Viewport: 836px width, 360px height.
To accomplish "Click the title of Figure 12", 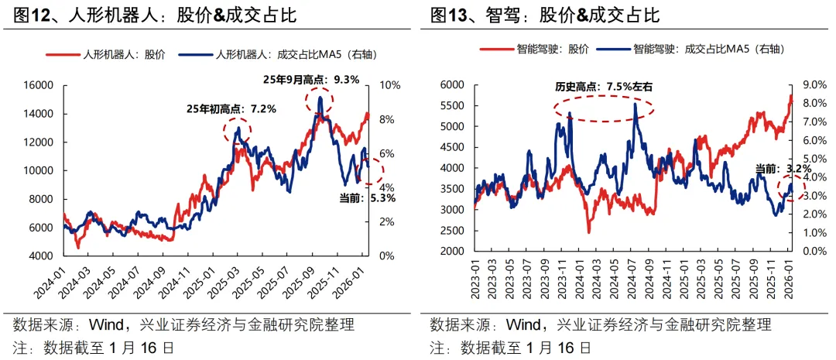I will (155, 14).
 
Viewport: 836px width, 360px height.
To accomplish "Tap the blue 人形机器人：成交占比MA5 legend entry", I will (274, 54).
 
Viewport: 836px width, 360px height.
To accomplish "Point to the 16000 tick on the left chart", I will (37, 85).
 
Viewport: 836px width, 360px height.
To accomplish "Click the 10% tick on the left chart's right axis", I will (387, 85).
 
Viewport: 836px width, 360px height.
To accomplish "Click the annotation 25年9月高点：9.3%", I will (311, 79).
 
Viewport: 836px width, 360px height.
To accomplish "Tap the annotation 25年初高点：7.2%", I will (231, 109).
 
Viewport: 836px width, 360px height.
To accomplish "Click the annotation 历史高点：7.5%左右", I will (604, 87).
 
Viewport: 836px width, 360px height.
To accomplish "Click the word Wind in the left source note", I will (107, 324).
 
